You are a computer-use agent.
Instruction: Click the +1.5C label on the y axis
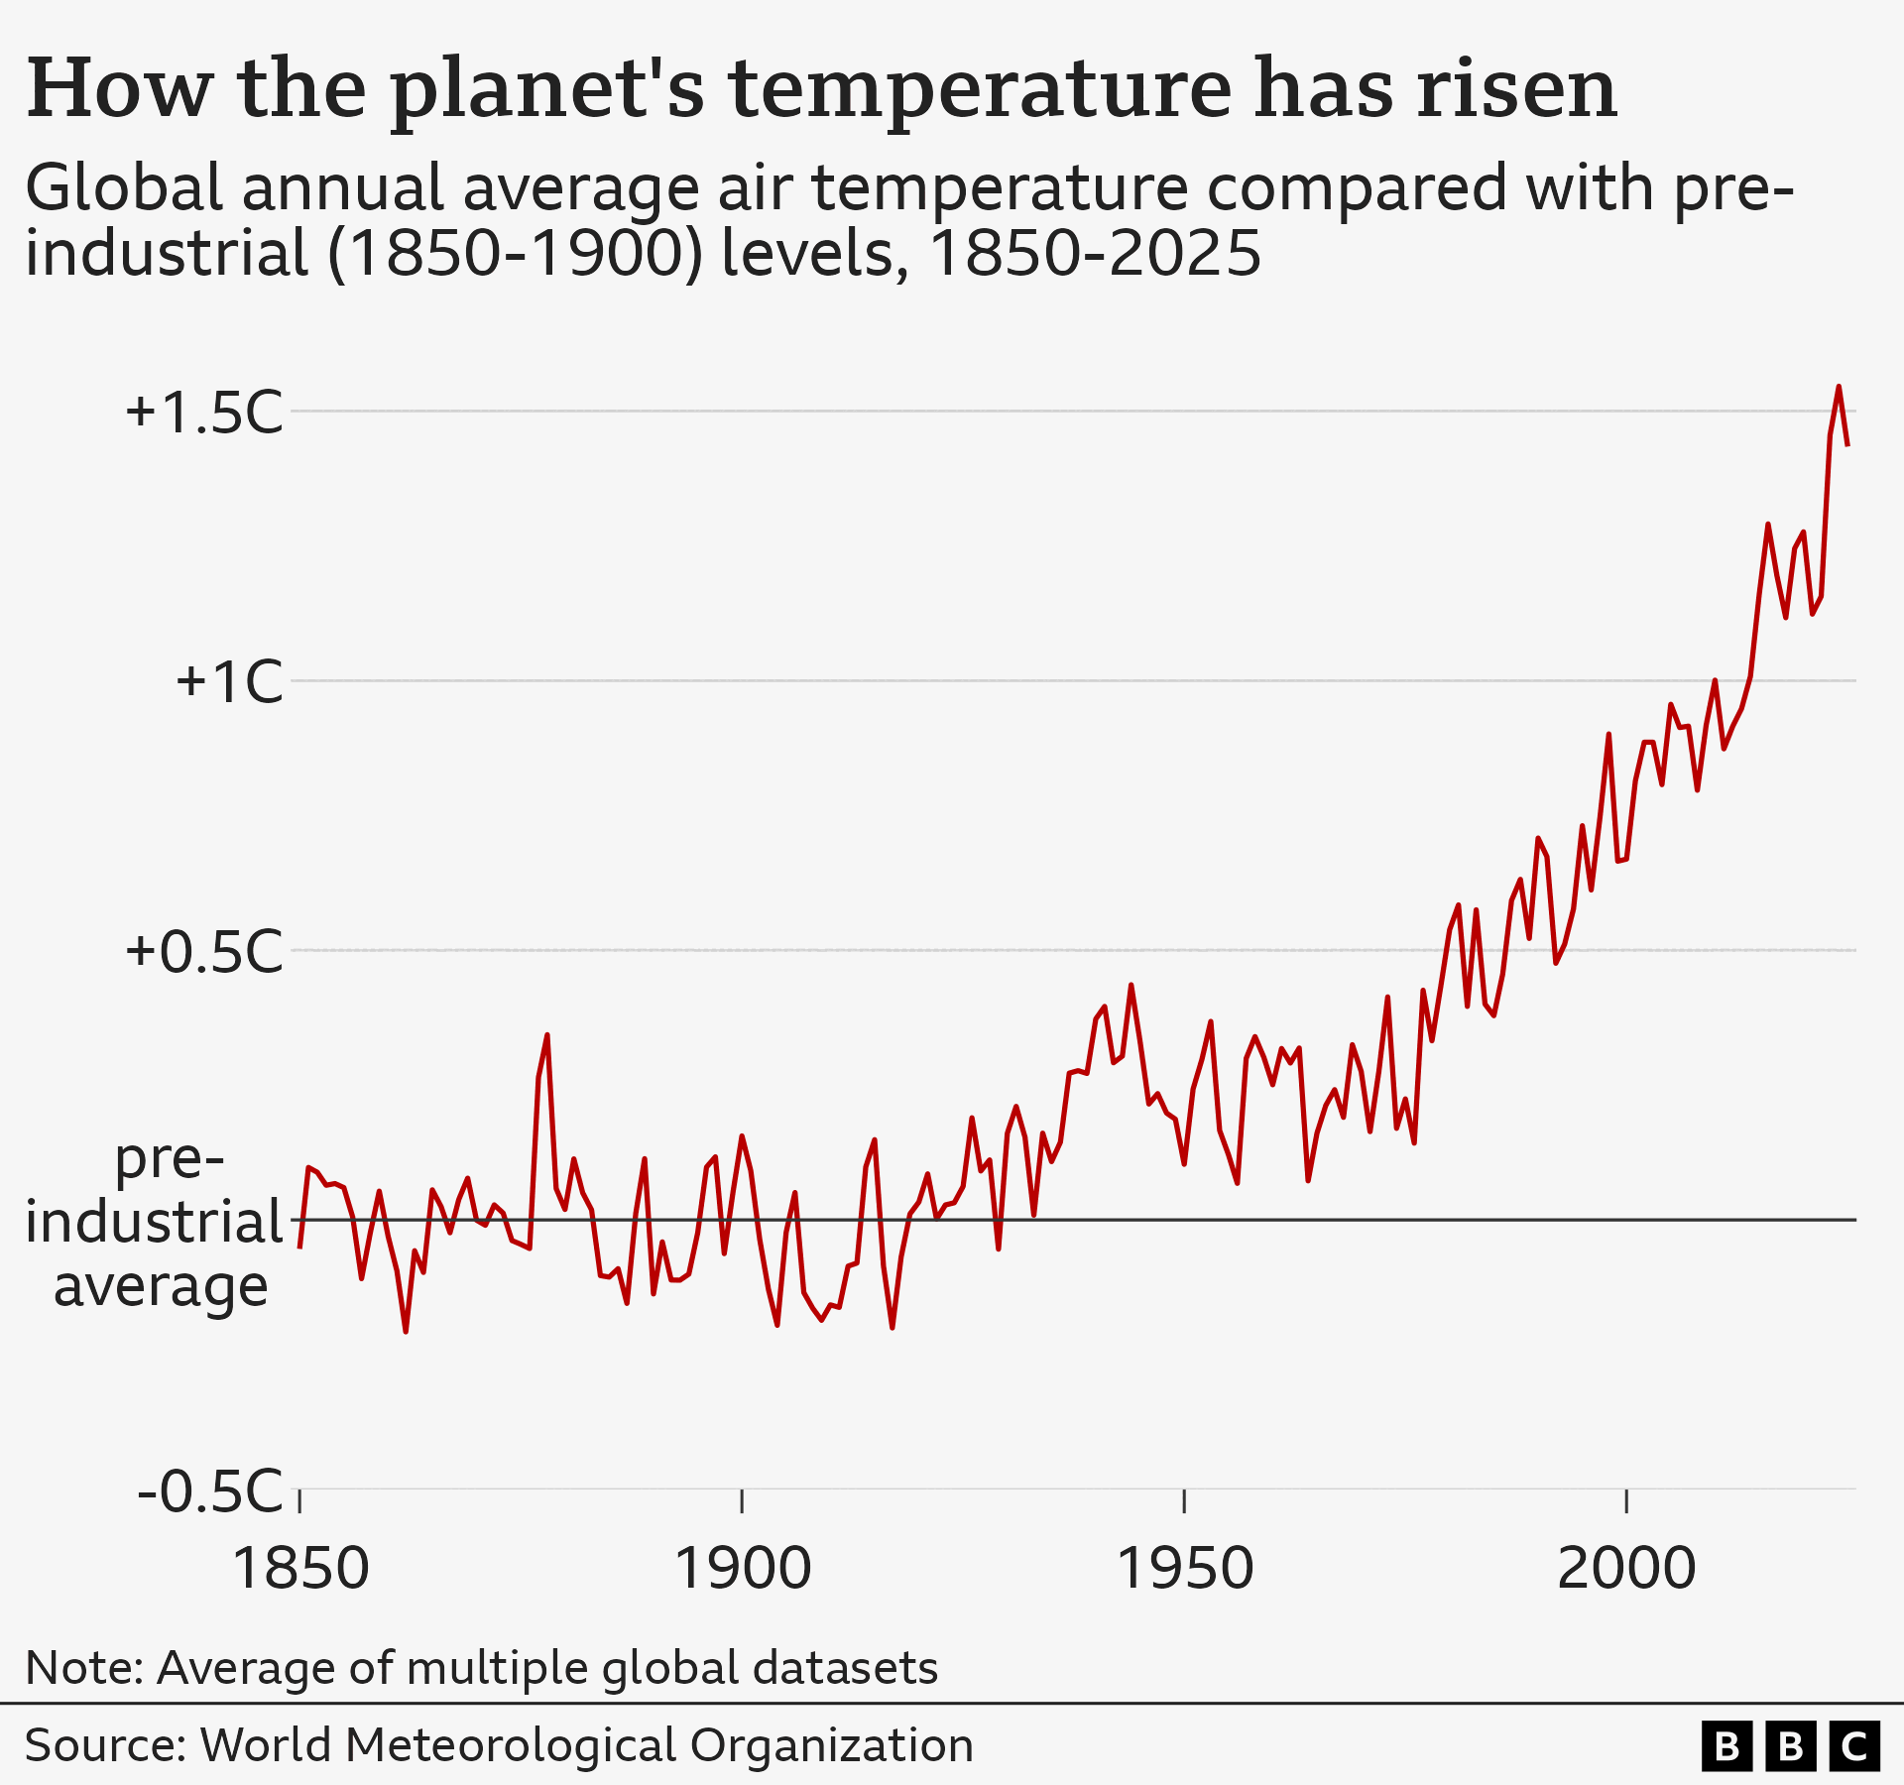[204, 413]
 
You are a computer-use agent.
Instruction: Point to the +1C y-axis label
[229, 682]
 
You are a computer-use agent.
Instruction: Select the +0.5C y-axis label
[204, 952]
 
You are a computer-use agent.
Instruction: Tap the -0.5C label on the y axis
[210, 1490]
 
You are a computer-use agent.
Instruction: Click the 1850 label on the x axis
[299, 1569]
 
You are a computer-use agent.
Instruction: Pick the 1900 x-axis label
[742, 1569]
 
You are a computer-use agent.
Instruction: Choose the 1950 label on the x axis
[1184, 1569]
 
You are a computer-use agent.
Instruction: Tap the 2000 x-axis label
[1626, 1569]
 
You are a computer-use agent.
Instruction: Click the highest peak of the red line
[1839, 388]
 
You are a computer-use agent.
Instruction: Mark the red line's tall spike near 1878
[546, 1036]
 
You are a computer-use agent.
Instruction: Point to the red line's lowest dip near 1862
[406, 1331]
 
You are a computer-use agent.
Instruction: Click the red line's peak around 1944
[1130, 986]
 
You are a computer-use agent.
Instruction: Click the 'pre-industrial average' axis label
[157, 1222]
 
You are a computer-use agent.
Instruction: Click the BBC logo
[1790, 1746]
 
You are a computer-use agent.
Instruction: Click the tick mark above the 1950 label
[1184, 1500]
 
